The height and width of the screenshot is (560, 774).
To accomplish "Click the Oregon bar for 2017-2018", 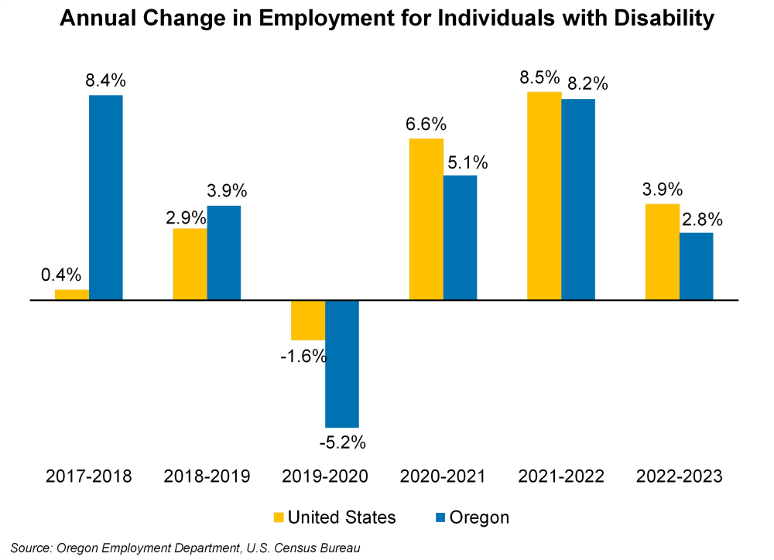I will (106, 197).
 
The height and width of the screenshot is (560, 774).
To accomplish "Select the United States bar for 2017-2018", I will (72, 295).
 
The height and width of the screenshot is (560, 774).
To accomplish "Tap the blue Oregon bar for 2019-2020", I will (342, 364).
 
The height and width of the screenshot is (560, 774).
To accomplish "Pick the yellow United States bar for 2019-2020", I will (308, 319).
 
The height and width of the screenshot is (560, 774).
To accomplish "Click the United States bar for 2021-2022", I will (544, 196).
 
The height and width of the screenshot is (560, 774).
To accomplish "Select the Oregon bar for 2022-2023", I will (696, 266).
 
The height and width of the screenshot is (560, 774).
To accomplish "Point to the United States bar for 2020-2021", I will (426, 219).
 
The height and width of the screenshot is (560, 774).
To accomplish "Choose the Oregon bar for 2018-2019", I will (224, 252).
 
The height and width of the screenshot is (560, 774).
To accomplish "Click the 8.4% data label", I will (106, 80).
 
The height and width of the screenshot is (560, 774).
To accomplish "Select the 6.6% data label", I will (426, 124).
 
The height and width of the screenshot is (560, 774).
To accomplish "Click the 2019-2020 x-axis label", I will (325, 476).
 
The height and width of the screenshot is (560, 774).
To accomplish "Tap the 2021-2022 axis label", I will (561, 476).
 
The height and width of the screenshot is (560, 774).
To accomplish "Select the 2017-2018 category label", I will (89, 476).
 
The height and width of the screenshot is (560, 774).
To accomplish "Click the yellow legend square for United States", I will (279, 517).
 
